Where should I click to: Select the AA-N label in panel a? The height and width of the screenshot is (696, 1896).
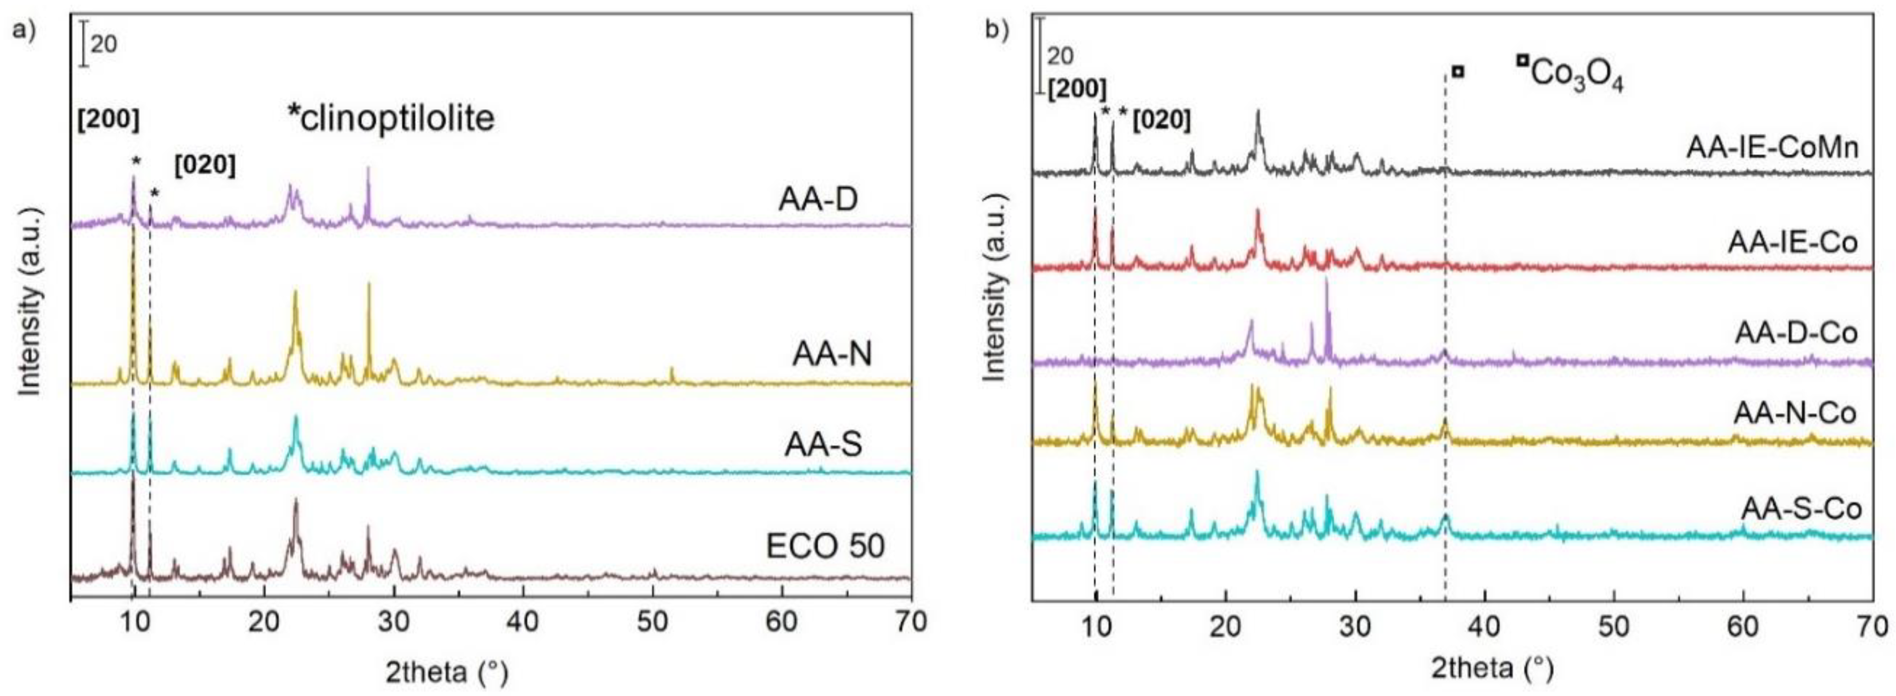point(831,355)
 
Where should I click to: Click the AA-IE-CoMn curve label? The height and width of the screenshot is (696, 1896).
point(1792,148)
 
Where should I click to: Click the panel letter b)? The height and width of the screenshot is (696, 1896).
point(998,32)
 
